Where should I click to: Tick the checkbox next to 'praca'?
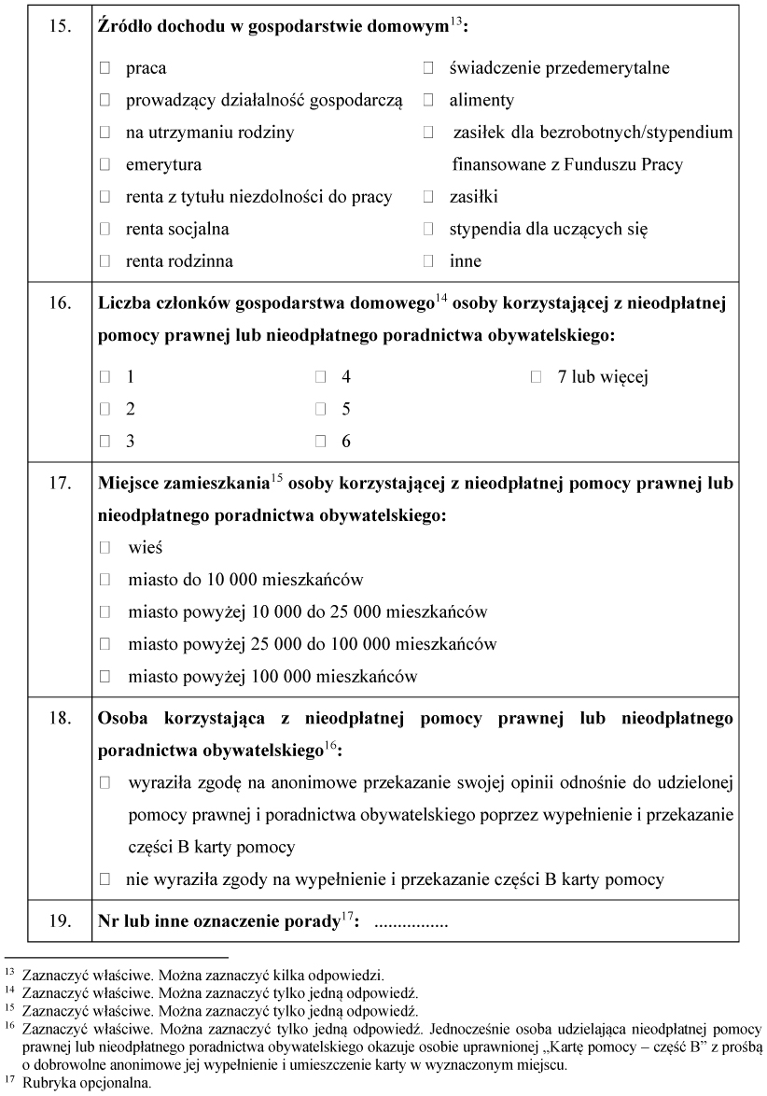pos(105,68)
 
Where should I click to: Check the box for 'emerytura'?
pos(105,164)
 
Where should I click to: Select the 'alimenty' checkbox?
pos(428,100)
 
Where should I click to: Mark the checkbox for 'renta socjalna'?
pos(105,229)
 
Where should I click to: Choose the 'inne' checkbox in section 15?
pos(428,261)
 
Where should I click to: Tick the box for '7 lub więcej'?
pos(536,377)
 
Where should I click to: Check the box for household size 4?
pos(320,377)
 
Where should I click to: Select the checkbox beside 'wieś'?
pos(105,547)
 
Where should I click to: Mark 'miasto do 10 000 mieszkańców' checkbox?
pos(105,580)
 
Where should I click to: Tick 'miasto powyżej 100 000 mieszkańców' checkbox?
pos(105,676)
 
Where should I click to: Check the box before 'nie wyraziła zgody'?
pos(105,878)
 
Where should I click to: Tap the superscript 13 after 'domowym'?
pos(455,22)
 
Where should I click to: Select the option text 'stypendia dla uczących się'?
pos(548,229)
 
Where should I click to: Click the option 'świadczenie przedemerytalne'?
pos(559,68)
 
